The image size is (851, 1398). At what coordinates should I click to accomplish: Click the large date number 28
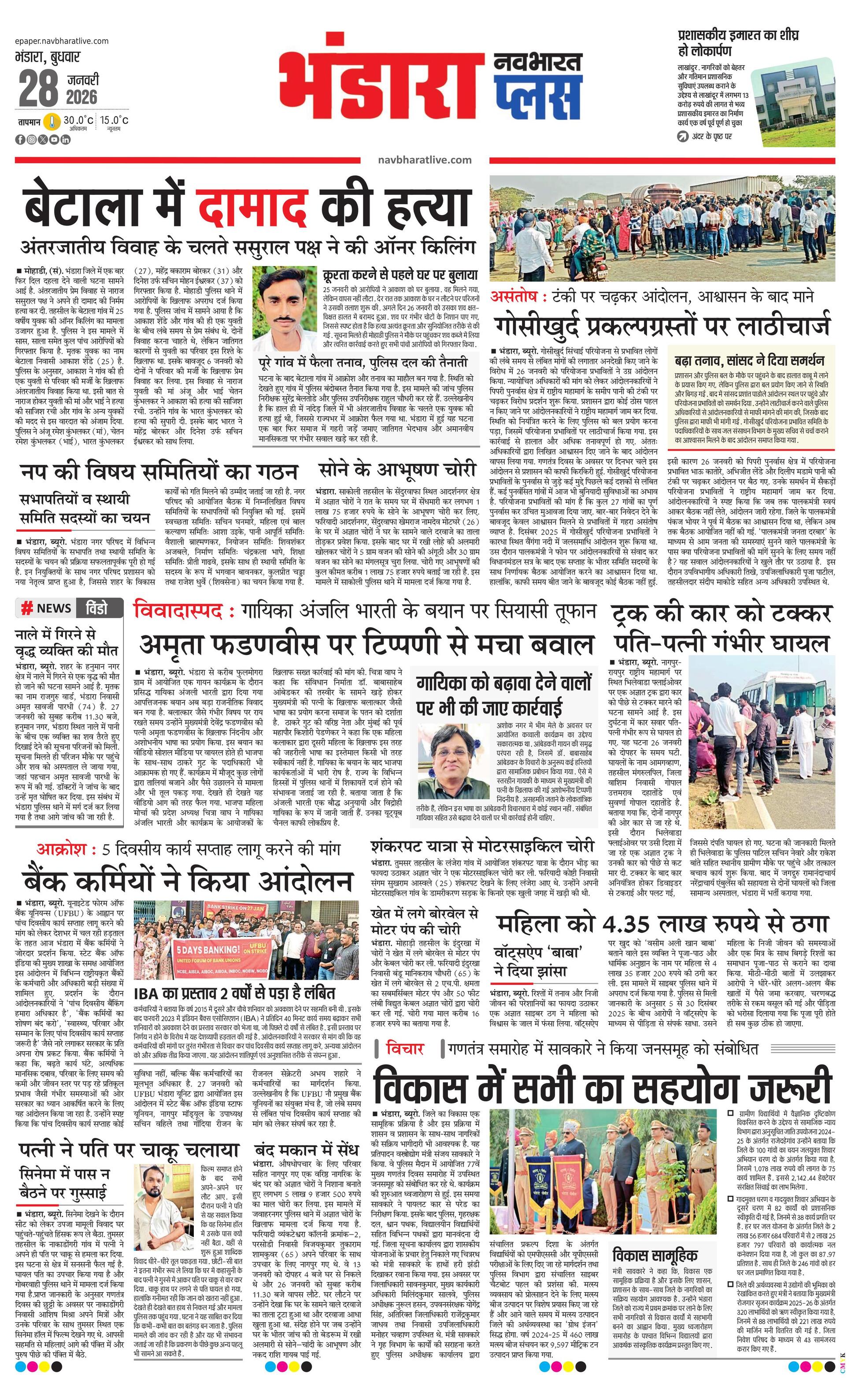point(39,89)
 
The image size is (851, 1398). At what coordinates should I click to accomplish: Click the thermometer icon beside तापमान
point(52,122)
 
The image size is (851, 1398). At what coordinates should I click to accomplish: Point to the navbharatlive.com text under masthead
point(424,160)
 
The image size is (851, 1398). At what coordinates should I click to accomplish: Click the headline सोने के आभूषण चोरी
point(397,470)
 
